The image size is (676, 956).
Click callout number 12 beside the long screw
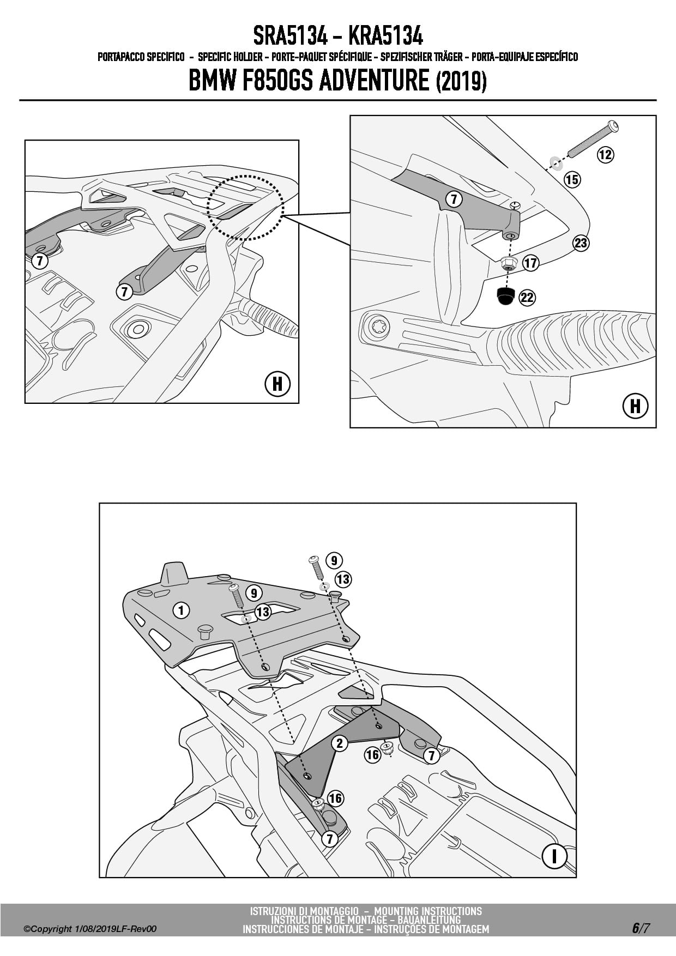(605, 154)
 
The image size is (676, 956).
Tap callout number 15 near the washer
(572, 179)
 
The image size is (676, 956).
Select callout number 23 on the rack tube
(581, 243)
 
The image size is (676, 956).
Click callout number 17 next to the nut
(530, 263)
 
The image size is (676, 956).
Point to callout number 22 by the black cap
(527, 297)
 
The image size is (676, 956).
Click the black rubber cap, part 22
(505, 295)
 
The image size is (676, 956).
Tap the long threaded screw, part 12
(592, 138)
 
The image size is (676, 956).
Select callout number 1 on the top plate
(181, 610)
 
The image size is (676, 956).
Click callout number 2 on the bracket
(340, 743)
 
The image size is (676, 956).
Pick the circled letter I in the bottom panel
(554, 856)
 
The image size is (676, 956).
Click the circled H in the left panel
(277, 384)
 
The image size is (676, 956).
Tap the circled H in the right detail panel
(635, 406)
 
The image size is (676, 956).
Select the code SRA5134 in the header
(290, 37)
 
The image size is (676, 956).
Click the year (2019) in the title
(461, 82)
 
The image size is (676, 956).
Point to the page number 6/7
(641, 928)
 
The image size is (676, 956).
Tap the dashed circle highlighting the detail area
(245, 207)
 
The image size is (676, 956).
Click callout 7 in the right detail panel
(454, 199)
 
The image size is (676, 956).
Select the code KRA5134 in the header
(385, 37)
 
